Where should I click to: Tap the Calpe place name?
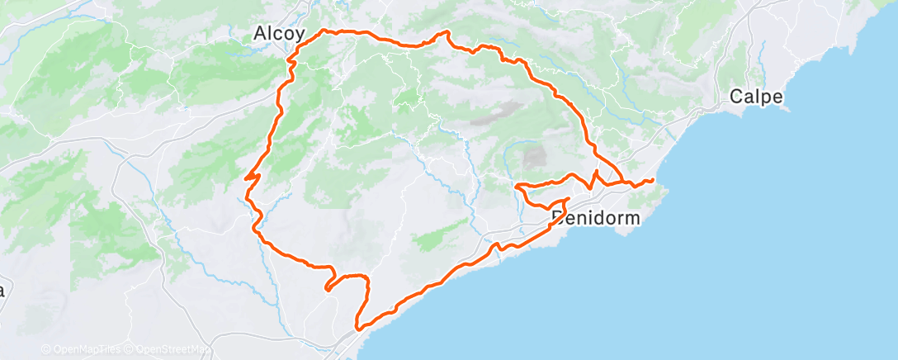pos(755,97)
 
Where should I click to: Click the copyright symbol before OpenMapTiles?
pos(46,349)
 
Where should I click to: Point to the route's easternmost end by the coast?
pos(653,180)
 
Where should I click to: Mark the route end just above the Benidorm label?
pos(566,200)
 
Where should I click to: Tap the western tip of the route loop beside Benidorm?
pos(517,187)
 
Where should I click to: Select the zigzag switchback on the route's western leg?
pos(251,176)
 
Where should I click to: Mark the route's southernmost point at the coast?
pos(358,328)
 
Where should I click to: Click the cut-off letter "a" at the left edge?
pos(2,291)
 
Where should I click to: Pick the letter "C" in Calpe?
pos(735,97)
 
